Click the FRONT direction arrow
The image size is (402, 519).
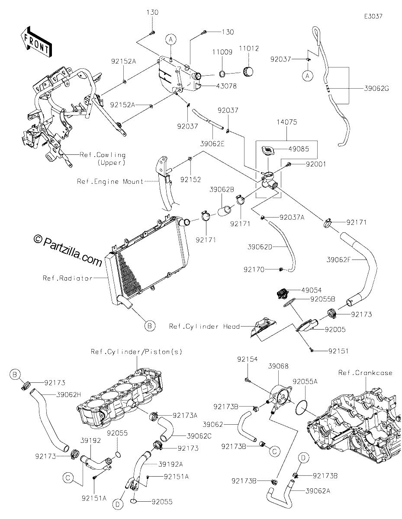(35, 42)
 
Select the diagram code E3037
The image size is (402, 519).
(373, 16)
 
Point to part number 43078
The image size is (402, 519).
(227, 86)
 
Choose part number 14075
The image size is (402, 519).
(287, 122)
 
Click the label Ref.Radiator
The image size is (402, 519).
(68, 278)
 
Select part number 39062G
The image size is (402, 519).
(376, 89)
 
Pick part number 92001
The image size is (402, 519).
(316, 164)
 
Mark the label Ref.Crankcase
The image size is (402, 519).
(365, 373)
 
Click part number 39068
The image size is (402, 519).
(278, 366)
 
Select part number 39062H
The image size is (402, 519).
(69, 395)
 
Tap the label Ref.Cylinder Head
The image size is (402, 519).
(204, 327)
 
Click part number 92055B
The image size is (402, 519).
(323, 299)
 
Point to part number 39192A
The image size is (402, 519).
(171, 465)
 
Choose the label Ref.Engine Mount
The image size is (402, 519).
(110, 182)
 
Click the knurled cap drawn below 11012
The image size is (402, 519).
(248, 72)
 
